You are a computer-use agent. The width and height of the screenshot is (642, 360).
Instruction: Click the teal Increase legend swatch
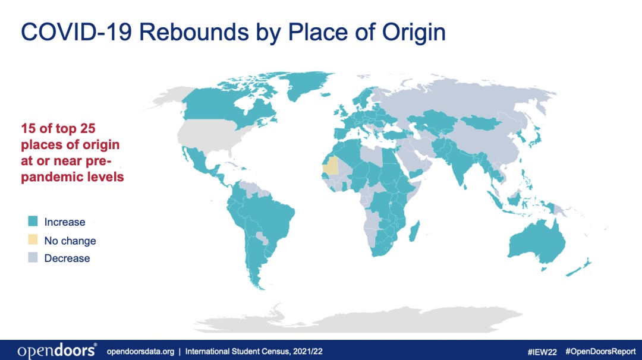[33, 222]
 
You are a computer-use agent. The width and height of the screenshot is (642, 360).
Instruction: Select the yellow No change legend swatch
[33, 239]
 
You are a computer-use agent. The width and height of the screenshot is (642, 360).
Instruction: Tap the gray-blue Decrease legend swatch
[33, 257]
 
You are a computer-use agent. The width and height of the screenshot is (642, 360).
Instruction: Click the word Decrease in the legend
[67, 258]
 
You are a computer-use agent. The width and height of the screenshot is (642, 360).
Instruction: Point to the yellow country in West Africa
[331, 166]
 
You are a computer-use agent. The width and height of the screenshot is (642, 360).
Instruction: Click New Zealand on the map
[578, 267]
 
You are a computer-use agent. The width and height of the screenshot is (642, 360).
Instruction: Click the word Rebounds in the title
[194, 32]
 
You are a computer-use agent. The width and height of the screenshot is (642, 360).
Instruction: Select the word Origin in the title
[414, 33]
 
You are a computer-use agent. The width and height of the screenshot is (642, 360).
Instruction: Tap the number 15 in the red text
[29, 128]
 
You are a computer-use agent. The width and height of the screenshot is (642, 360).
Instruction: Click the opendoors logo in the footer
[57, 350]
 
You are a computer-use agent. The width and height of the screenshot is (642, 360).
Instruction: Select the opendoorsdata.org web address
[140, 352]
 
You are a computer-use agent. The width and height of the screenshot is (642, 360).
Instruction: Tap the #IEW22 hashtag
[542, 352]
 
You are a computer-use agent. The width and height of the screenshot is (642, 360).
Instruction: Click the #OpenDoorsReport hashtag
[600, 351]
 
